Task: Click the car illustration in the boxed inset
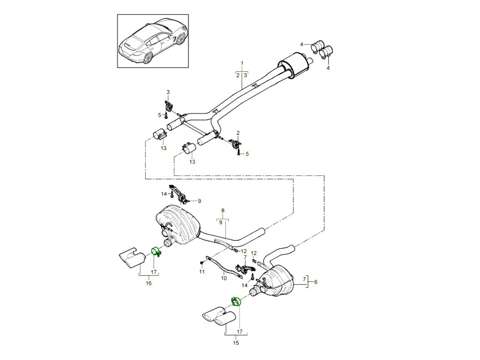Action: [153, 42]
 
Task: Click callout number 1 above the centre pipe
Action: [242, 63]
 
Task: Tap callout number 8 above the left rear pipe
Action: [223, 210]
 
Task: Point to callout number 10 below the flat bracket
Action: [224, 278]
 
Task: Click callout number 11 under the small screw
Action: [202, 272]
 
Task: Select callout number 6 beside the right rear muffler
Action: [316, 282]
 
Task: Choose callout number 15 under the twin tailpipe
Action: [236, 343]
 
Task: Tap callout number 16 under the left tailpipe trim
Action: [148, 283]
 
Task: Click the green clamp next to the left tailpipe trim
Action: [156, 252]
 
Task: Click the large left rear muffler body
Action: [178, 224]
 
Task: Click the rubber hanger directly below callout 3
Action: [168, 107]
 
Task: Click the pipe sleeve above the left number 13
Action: [160, 135]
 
